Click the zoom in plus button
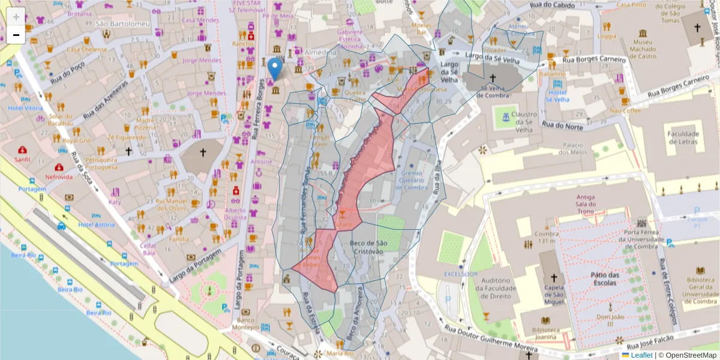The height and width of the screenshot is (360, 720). [x=16, y=16]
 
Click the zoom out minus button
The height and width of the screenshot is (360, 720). [x=16, y=34]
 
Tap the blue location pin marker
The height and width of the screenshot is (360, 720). [x=275, y=69]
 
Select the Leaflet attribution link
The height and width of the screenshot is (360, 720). [x=641, y=355]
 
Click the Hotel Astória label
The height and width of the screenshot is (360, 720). [x=96, y=224]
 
